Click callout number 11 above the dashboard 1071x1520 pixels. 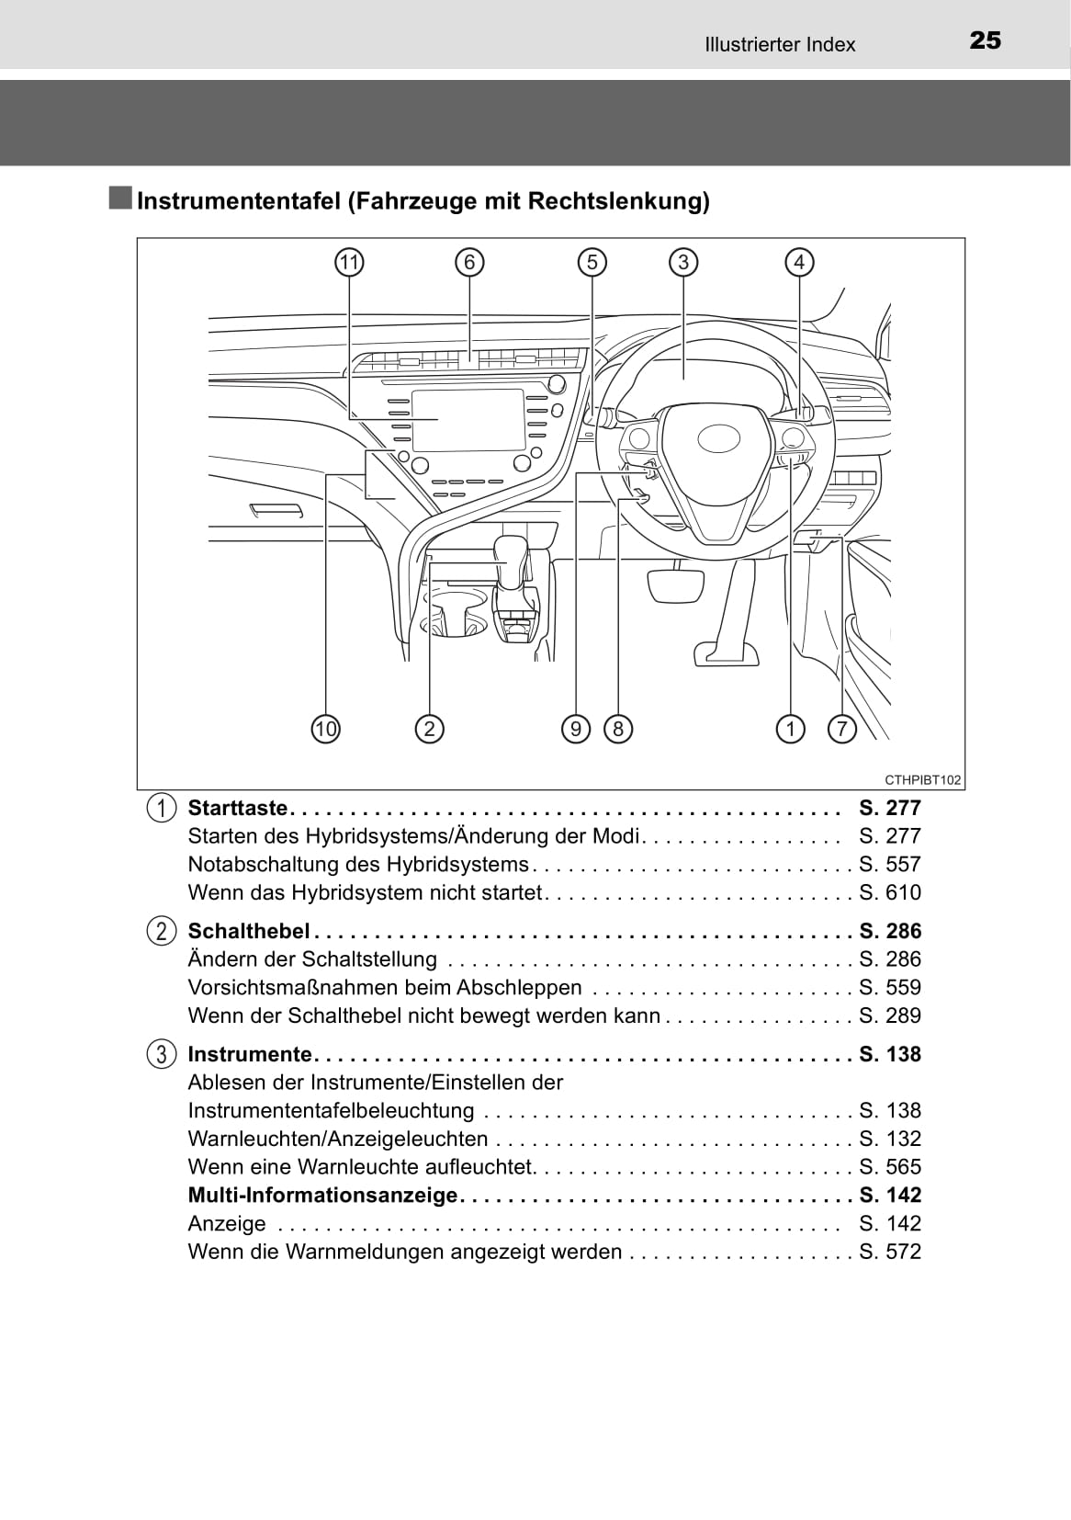coord(349,263)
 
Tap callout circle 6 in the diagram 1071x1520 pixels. coord(469,263)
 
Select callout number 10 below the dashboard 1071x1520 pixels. coord(325,730)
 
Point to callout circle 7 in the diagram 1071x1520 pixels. coord(841,730)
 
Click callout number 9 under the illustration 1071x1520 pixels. coord(575,730)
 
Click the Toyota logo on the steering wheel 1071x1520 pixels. coord(718,438)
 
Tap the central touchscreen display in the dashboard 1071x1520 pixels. coord(468,419)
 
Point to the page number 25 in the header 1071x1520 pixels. coord(985,40)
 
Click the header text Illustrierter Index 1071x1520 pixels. coord(780,44)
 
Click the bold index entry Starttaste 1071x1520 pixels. coord(238,809)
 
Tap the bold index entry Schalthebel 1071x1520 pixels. coord(248,931)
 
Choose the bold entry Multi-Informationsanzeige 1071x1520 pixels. coord(322,1196)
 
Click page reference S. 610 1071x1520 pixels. coord(889,892)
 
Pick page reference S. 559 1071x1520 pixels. coord(889,988)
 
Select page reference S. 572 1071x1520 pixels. coord(889,1252)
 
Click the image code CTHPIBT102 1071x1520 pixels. coord(922,780)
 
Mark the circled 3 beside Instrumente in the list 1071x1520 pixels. coord(161,1054)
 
